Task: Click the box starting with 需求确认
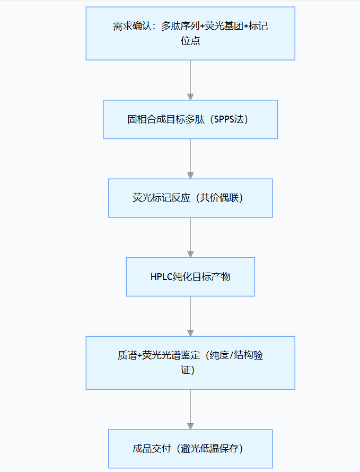[x=190, y=33]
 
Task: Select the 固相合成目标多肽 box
[x=190, y=119]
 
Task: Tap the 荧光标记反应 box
[x=190, y=198]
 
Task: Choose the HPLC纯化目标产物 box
[x=190, y=277]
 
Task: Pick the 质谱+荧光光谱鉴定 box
[x=190, y=363]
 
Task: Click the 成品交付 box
[x=190, y=449]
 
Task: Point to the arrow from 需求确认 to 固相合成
[x=190, y=80]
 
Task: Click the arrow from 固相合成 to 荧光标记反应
[x=190, y=158]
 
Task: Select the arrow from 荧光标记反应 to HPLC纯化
[x=190, y=237]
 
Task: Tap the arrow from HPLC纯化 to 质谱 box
[x=190, y=316]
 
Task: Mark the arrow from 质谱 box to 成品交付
[x=190, y=409]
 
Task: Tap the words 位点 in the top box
[x=190, y=41]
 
